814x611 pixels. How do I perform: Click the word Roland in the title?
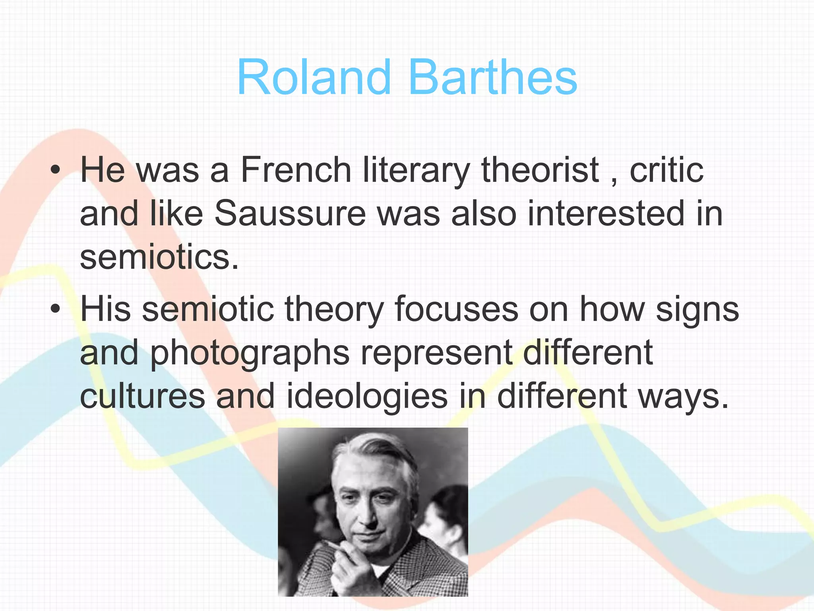(314, 77)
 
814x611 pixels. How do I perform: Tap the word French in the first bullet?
(296, 170)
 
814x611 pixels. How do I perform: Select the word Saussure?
(290, 214)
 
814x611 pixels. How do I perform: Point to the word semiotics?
(159, 257)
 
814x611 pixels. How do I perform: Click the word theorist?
(540, 170)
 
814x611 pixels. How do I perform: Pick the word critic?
(667, 170)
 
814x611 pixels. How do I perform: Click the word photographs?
(250, 353)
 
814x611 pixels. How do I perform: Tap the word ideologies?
(366, 396)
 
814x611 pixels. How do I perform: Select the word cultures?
(142, 396)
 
